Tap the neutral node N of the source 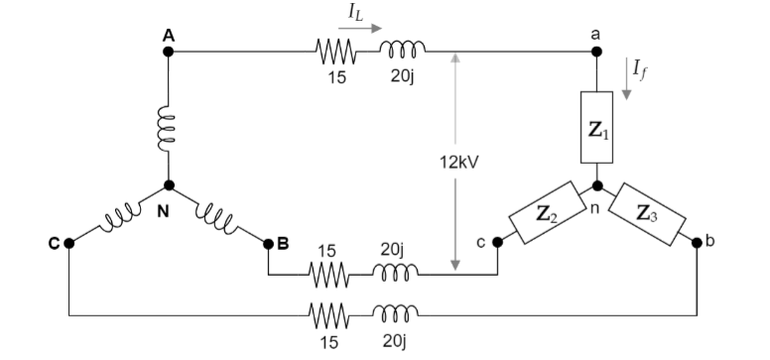tap(169, 184)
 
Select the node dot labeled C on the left tap(68, 242)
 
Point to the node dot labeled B tap(268, 242)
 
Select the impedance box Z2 tap(544, 211)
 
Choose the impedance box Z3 tap(647, 211)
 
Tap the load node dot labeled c tap(497, 242)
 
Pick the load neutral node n tap(596, 185)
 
